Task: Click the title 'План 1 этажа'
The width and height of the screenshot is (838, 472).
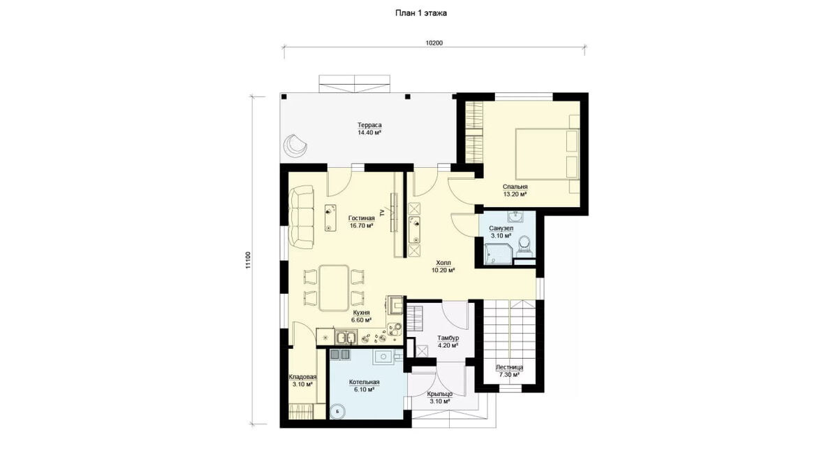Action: pyautogui.click(x=421, y=13)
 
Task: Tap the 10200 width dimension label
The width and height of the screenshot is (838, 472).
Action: pyautogui.click(x=434, y=43)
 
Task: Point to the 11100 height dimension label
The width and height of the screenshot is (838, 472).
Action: pyautogui.click(x=247, y=260)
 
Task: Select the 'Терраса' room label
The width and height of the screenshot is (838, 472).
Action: pyautogui.click(x=369, y=124)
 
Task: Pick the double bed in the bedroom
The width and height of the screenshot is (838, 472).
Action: pyautogui.click(x=547, y=154)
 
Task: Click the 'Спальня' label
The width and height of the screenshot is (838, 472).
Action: pyautogui.click(x=515, y=187)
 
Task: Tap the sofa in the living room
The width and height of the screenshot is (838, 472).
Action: pyautogui.click(x=302, y=217)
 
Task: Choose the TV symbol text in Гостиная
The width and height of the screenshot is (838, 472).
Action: pyautogui.click(x=382, y=213)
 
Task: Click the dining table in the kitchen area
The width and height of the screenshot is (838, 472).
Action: pyautogui.click(x=334, y=287)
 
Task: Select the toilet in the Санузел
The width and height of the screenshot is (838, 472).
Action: pyautogui.click(x=524, y=244)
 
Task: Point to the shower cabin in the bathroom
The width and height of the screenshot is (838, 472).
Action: pyautogui.click(x=498, y=254)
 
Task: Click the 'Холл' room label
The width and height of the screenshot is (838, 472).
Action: pyautogui.click(x=443, y=263)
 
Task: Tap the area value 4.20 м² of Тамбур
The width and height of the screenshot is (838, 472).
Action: pyautogui.click(x=448, y=345)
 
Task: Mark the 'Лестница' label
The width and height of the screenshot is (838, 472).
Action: pyautogui.click(x=509, y=367)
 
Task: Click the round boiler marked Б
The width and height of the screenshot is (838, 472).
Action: pyautogui.click(x=338, y=411)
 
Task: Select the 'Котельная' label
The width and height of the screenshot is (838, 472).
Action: pyautogui.click(x=364, y=382)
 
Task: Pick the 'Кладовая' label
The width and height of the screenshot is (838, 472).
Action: pyautogui.click(x=302, y=377)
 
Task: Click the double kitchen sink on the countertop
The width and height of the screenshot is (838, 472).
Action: pyautogui.click(x=84, y=337)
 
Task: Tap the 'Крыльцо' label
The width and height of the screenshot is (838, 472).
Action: pyautogui.click(x=440, y=394)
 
